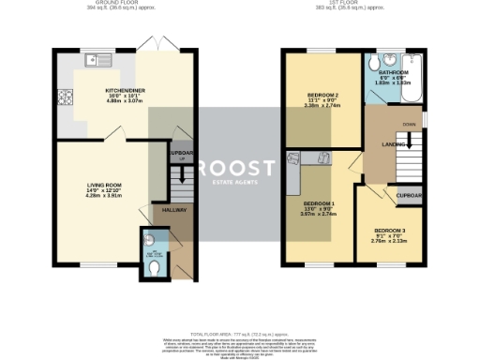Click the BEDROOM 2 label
[322, 97]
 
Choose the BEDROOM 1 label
[318, 203]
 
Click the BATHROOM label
[395, 72]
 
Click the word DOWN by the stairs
[409, 123]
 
